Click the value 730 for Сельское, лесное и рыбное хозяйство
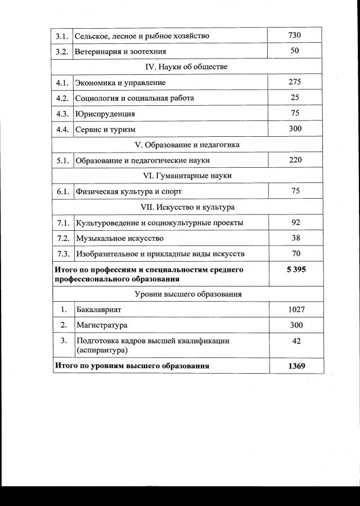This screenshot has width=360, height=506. [x=295, y=35]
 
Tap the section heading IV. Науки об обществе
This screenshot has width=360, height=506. [x=186, y=67]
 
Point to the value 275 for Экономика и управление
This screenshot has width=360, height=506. [x=295, y=82]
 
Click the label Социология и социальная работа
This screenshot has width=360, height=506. [x=134, y=98]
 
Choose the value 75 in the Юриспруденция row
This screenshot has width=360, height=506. [x=295, y=113]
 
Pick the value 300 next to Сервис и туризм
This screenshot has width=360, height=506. [x=295, y=129]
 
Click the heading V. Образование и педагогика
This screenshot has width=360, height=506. [x=187, y=145]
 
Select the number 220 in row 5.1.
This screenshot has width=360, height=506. [x=295, y=160]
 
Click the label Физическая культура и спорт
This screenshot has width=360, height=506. [x=129, y=191]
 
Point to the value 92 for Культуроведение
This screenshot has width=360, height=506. [x=296, y=222]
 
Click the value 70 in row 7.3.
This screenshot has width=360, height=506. [x=296, y=254]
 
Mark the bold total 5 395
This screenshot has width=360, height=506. [x=296, y=270]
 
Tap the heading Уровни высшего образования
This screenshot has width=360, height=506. [x=188, y=294]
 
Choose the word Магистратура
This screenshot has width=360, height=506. [x=102, y=325]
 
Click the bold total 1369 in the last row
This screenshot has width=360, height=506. [x=296, y=366]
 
